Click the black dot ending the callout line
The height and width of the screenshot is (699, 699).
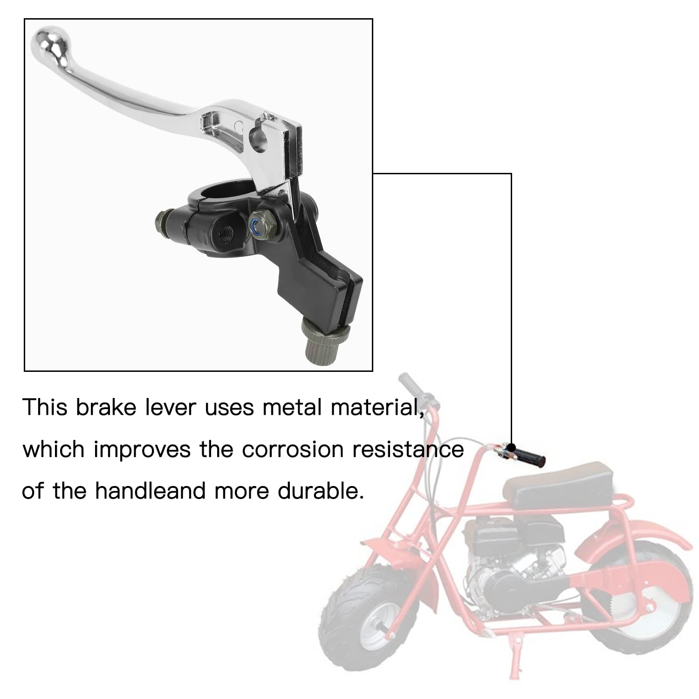click(x=512, y=448)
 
